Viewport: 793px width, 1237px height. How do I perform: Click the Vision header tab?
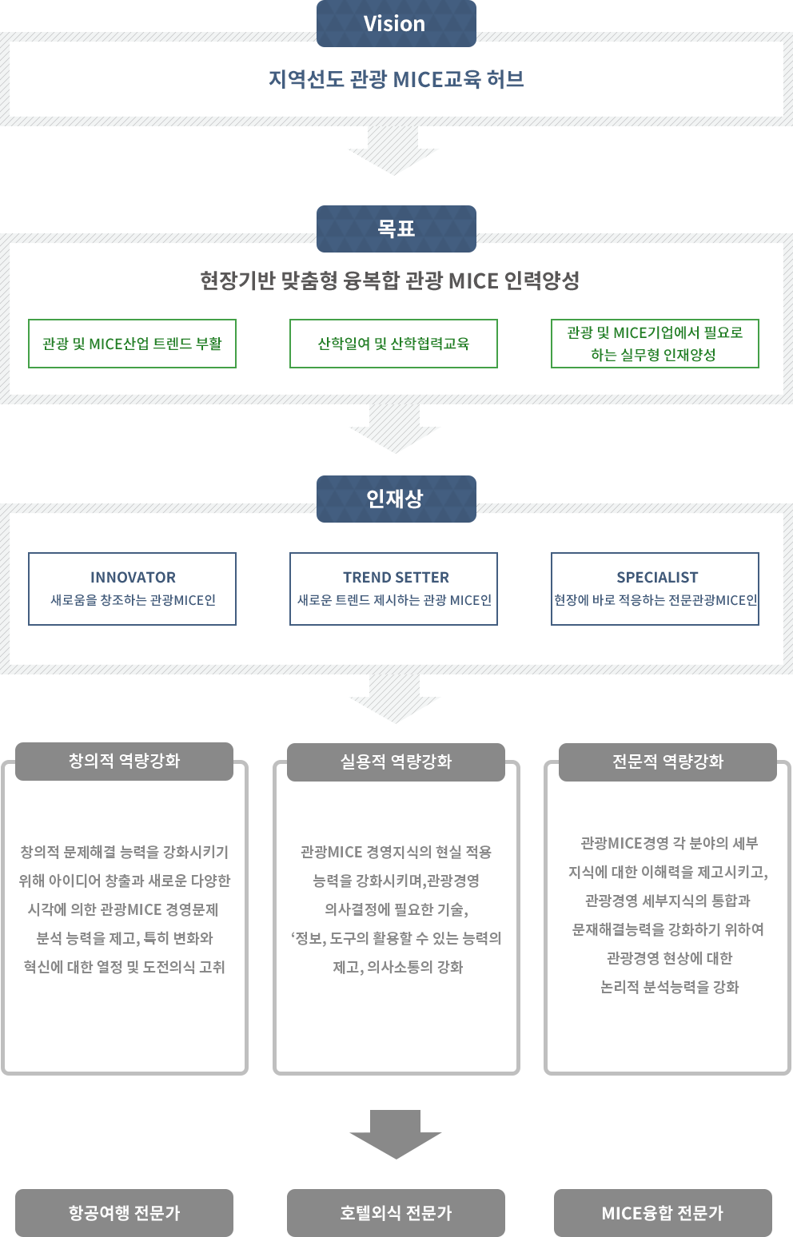[396, 23]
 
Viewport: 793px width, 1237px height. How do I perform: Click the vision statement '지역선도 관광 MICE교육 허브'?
[396, 79]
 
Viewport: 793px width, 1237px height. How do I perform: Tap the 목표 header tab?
[396, 229]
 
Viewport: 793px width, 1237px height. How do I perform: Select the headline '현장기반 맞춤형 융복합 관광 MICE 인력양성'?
[389, 280]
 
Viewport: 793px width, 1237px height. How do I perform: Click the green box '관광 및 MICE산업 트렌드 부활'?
[132, 344]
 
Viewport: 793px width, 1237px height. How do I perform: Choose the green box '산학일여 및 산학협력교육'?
[393, 344]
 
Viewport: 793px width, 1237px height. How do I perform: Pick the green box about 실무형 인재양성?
[655, 344]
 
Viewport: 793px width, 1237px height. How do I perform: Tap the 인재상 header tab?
[396, 499]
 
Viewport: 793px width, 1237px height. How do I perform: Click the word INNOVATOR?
[133, 577]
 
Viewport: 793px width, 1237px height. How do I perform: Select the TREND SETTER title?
[396, 577]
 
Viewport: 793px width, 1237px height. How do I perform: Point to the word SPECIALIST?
[657, 577]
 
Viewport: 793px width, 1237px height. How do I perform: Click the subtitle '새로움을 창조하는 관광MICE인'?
[133, 600]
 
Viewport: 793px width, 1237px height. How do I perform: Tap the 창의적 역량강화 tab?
[124, 761]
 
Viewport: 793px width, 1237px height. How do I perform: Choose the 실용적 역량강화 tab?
[396, 762]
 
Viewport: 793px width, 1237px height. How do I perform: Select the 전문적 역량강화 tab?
[667, 762]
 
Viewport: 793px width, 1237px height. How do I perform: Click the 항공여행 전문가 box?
[124, 1213]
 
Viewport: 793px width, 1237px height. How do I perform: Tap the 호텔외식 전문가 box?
[396, 1213]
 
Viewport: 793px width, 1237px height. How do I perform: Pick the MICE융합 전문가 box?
[663, 1213]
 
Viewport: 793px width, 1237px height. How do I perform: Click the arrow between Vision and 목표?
[393, 152]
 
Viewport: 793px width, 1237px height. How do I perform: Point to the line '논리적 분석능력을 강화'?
[669, 987]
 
